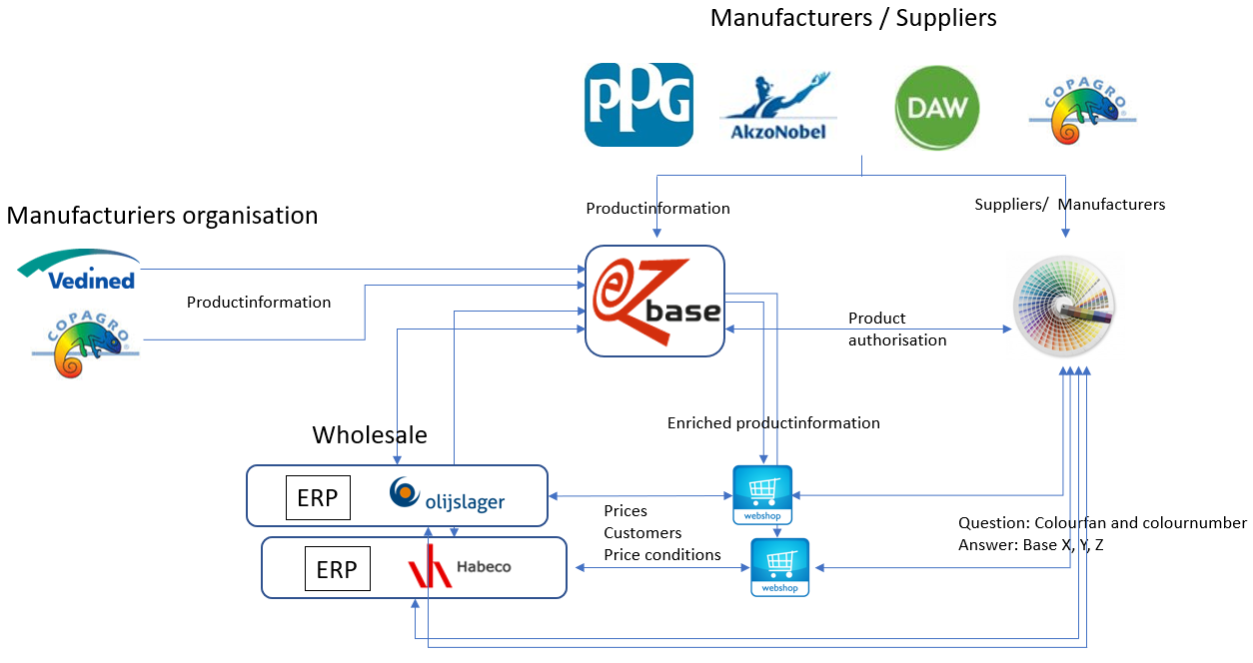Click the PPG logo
click(x=638, y=104)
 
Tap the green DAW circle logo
click(x=936, y=108)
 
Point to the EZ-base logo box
click(x=654, y=301)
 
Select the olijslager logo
click(x=448, y=496)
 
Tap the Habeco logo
click(x=460, y=567)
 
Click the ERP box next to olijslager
click(x=318, y=498)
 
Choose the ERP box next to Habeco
click(x=337, y=569)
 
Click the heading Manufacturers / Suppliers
click(x=853, y=17)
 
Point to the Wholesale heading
click(x=370, y=435)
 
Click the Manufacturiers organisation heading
click(x=162, y=215)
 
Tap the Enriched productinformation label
click(x=773, y=423)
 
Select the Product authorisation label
click(x=897, y=330)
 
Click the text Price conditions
click(x=662, y=554)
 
